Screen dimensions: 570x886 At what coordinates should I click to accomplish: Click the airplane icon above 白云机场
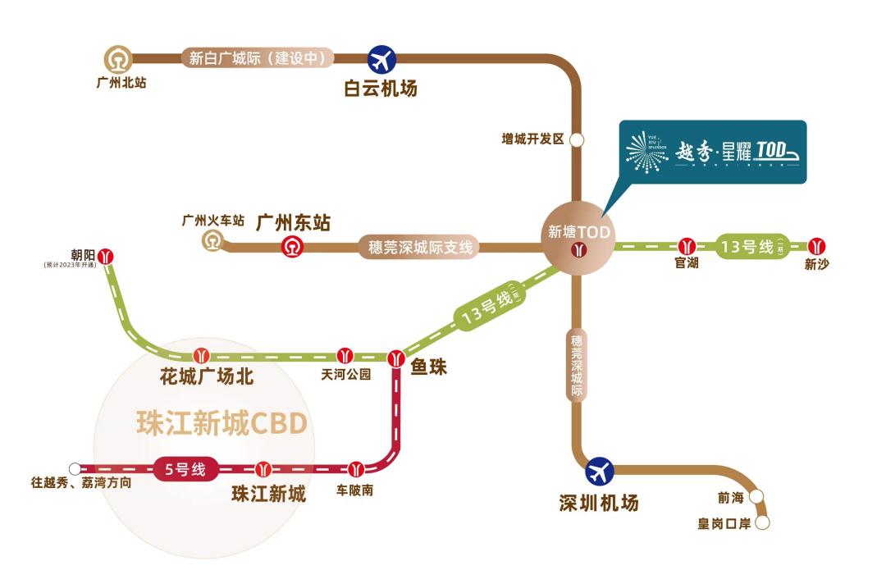[x=381, y=59]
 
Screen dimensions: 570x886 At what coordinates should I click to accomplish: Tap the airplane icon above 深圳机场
[x=600, y=471]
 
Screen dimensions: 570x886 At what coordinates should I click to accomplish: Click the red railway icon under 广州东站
[x=293, y=246]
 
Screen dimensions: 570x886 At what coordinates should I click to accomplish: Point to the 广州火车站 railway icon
[x=213, y=240]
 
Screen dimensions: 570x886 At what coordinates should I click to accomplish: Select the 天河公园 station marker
[x=345, y=356]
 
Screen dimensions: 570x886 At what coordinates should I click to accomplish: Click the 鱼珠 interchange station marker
[x=396, y=358]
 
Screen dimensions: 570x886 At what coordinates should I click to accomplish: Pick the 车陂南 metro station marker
[x=355, y=469]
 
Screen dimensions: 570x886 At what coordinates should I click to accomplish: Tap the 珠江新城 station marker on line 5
[x=263, y=469]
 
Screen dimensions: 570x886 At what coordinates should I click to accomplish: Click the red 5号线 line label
[x=186, y=470]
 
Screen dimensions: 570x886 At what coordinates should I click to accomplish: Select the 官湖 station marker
[x=687, y=246]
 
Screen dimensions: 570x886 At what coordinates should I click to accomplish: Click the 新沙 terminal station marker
[x=815, y=246]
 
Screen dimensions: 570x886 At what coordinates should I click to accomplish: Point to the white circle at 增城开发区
[x=578, y=139]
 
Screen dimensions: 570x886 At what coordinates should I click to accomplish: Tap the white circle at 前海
[x=756, y=496]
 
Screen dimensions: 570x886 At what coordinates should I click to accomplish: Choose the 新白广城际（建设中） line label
[x=258, y=58]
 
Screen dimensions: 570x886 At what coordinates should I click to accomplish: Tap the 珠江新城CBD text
[x=221, y=423]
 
